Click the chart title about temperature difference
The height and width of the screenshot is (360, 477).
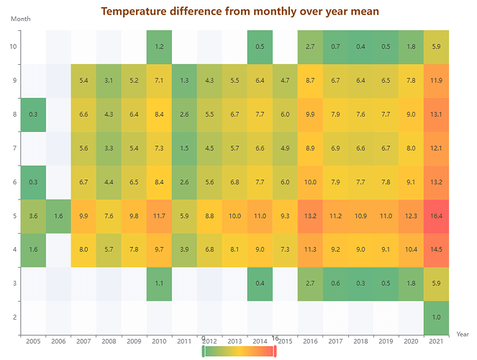[x=240, y=12]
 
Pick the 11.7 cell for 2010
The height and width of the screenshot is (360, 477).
[x=159, y=216]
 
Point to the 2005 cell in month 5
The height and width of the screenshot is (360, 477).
[x=33, y=216]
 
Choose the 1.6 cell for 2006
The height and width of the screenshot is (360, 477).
[x=58, y=216]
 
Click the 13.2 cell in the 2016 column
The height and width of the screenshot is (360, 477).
[x=310, y=216]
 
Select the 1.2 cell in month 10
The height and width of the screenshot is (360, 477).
[x=159, y=47]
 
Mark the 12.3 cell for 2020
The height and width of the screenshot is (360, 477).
[x=411, y=216]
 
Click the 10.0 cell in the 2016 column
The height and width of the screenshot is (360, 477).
[x=310, y=182]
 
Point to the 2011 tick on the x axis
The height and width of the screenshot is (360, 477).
[x=184, y=341]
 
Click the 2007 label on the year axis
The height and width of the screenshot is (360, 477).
[x=83, y=341]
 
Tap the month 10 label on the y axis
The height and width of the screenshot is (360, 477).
[x=12, y=47]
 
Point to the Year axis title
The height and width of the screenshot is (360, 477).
[x=463, y=333]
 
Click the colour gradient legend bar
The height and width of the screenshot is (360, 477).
[x=240, y=351]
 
